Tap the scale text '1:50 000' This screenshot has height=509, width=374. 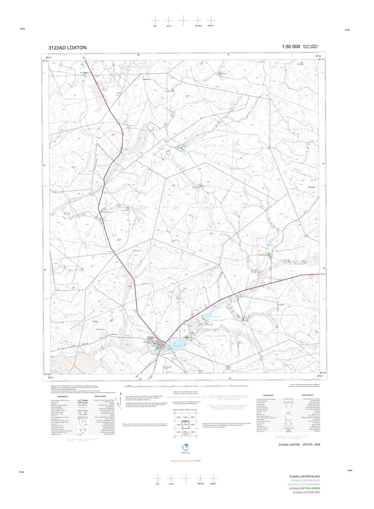(291, 46)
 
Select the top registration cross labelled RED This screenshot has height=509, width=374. (155, 20)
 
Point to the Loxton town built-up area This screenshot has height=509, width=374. (161, 346)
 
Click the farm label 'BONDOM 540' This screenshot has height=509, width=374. (73, 99)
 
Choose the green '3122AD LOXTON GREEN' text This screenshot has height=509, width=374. (304, 488)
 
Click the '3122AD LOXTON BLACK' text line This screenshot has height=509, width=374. (304, 476)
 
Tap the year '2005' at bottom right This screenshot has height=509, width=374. (317, 445)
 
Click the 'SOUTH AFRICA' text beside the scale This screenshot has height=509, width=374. (310, 45)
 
